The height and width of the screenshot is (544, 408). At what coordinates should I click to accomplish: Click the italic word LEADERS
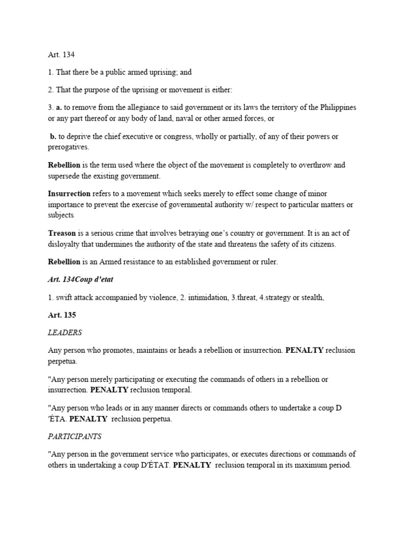point(65,333)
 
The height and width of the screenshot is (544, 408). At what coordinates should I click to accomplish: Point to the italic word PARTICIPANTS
point(74,436)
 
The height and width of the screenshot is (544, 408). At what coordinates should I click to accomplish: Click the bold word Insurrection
point(69,194)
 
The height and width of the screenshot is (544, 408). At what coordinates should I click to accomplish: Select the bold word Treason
point(62,233)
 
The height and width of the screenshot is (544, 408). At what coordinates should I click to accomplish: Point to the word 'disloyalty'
point(64,244)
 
